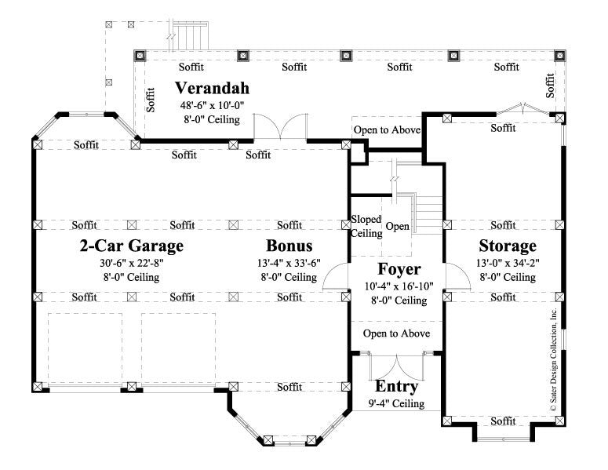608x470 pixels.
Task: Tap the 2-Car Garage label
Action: click(132, 246)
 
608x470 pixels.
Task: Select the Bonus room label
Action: click(289, 246)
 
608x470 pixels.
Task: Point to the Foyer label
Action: click(399, 271)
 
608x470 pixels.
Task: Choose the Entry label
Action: click(396, 388)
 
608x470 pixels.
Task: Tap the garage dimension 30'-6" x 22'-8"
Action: click(132, 264)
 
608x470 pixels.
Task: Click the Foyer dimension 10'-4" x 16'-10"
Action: click(399, 286)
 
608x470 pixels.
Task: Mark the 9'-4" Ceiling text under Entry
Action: click(396, 404)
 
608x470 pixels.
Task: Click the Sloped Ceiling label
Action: click(366, 227)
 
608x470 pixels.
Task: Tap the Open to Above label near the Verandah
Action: click(387, 129)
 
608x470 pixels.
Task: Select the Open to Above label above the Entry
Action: click(396, 333)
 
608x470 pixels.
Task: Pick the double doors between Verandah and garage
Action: click(280, 128)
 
